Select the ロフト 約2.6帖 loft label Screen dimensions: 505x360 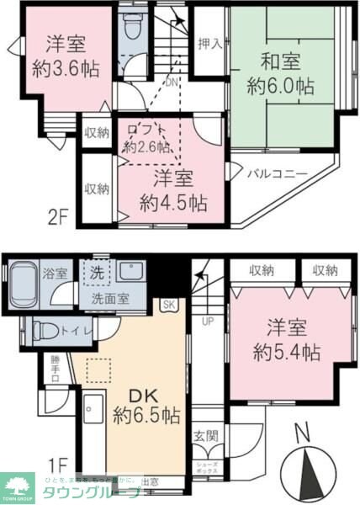(x=147, y=137)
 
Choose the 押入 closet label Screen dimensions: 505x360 (x=209, y=44)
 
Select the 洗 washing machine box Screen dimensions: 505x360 (x=98, y=273)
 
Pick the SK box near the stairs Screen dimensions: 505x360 (x=169, y=304)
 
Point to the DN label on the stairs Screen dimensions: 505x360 (x=170, y=82)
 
